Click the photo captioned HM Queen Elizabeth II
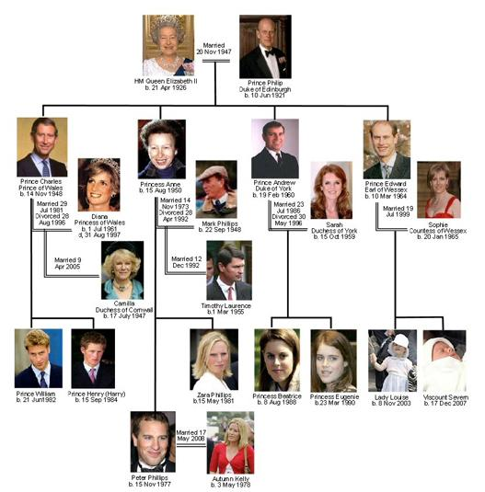pos(168,45)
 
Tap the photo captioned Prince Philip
pos(265,46)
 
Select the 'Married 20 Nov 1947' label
pos(214,49)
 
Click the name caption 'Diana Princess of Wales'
pos(99,220)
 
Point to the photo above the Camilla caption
pos(122,270)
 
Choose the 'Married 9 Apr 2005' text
pos(67,263)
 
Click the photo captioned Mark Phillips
pos(216,189)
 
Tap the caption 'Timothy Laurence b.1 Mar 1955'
pos(226,309)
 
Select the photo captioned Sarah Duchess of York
pos(331,190)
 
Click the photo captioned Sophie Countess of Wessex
pos(439,189)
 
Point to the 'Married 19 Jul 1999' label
pos(398,212)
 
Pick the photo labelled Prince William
pos(39,359)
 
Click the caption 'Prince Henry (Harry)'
pos(97,394)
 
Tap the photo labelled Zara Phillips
pos(214,360)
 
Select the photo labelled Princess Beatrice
pos(277,360)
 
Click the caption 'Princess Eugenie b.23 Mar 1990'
pos(334,400)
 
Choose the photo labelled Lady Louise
pos(392,360)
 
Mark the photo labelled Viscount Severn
pos(445,360)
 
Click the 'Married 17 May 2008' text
pos(191,436)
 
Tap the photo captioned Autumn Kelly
pos(230,442)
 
